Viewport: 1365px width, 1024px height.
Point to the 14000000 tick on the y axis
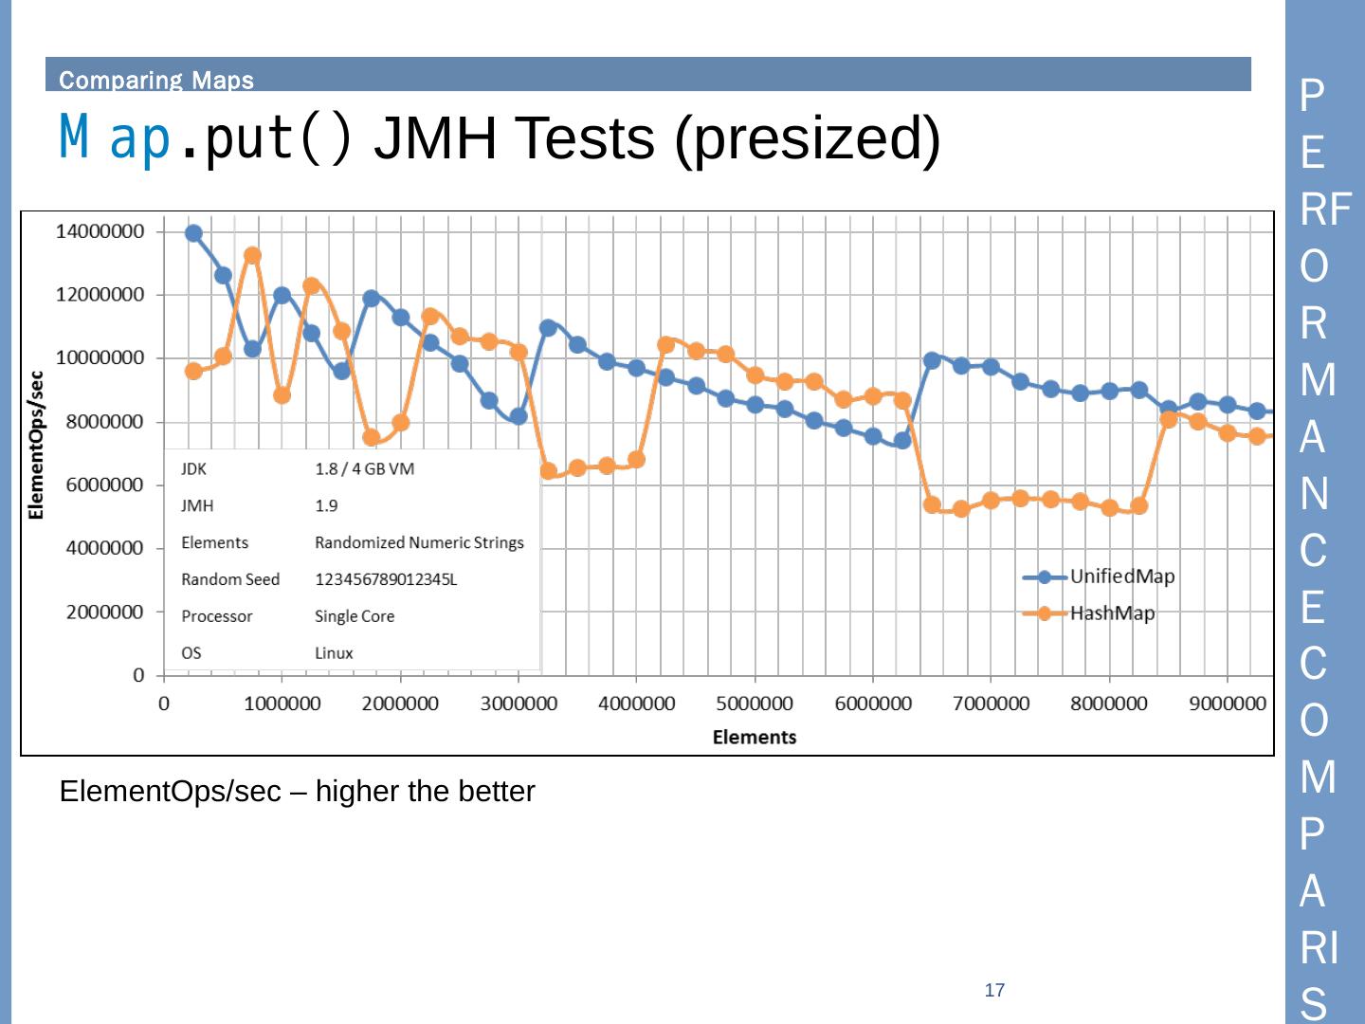coord(100,231)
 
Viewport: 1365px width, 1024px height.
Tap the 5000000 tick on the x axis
coord(755,704)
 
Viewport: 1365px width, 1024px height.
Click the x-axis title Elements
coord(755,737)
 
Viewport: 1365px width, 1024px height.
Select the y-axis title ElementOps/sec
coord(36,446)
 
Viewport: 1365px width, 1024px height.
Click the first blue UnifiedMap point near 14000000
coord(193,233)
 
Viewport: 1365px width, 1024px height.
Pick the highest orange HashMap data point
coord(252,256)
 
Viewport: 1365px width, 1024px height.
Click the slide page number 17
coord(994,990)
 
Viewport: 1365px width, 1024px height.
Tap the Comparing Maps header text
coord(156,80)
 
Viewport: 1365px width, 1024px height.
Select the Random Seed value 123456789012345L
coord(386,579)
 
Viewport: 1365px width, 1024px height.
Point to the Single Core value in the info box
coord(355,616)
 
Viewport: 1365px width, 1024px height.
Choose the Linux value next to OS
coord(334,653)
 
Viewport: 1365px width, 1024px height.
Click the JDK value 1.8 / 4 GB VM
coord(364,469)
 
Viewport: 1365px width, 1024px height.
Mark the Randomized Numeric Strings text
coord(419,542)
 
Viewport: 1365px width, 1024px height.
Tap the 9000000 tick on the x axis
coord(1227,704)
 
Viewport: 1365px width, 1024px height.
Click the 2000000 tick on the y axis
coord(104,612)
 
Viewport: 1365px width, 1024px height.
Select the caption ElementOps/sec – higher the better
coord(297,792)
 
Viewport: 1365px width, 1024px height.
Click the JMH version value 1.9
coord(326,506)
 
